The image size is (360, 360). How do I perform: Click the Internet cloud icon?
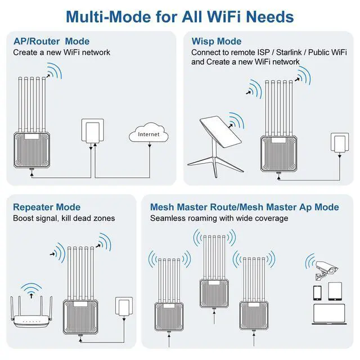(148, 134)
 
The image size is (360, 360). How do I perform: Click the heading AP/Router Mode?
(51, 42)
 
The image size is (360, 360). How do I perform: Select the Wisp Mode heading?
(217, 42)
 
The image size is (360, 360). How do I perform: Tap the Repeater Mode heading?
(47, 207)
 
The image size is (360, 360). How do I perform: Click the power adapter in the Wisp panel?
(339, 143)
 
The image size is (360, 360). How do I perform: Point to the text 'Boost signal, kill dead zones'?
(64, 218)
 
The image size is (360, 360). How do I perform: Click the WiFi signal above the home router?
(33, 289)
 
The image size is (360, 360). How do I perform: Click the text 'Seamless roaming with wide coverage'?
(219, 218)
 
